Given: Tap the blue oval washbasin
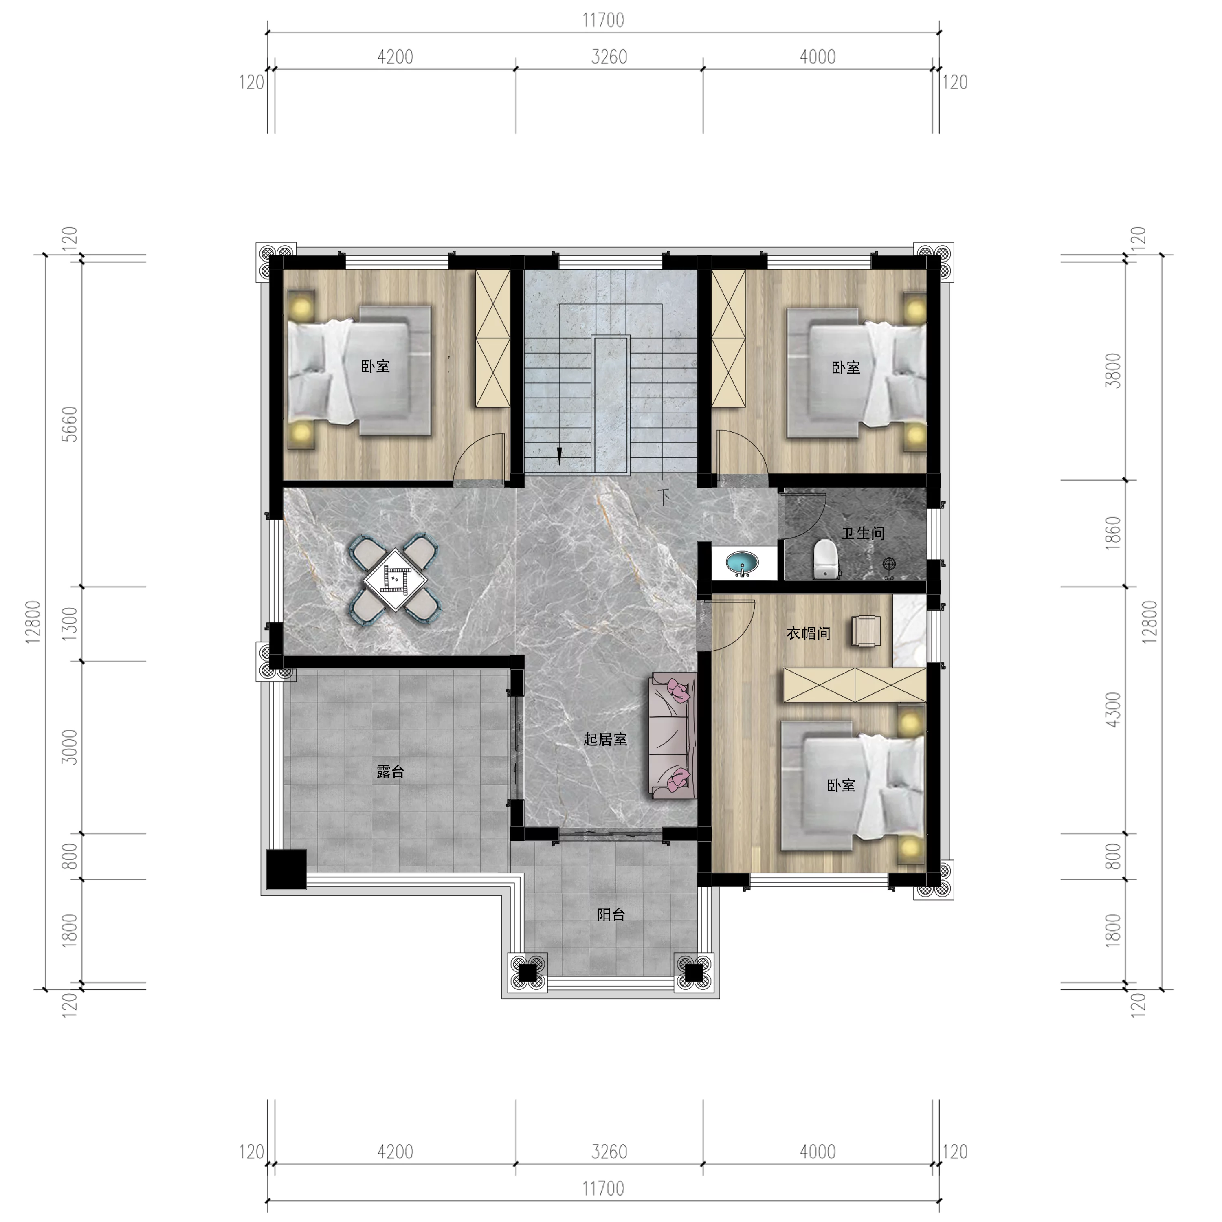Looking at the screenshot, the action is coord(742,562).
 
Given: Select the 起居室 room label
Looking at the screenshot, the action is coord(605,739).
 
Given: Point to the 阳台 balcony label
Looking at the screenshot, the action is coord(611,914).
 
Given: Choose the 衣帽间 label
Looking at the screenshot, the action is coord(808,633).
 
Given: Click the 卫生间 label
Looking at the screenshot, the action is coord(863,533).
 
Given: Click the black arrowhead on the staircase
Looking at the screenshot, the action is coord(559,456).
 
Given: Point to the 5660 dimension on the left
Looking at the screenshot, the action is coord(71,423).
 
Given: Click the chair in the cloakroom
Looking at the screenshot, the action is coord(866,631).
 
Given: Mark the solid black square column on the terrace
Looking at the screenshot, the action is coord(286,869).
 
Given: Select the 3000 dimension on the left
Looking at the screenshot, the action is coord(71,747).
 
